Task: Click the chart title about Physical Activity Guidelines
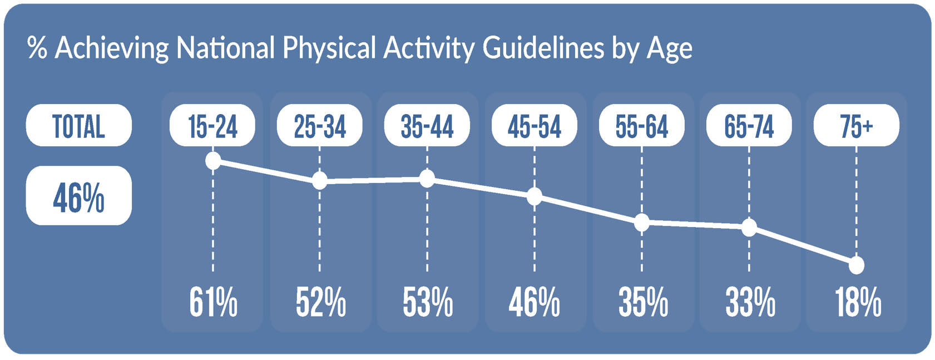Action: click(x=360, y=48)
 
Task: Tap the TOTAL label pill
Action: click(x=79, y=125)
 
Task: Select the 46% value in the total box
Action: click(x=78, y=198)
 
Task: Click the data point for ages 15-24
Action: click(x=213, y=161)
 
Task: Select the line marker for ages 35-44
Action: click(x=427, y=179)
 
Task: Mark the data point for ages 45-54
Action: click(x=535, y=196)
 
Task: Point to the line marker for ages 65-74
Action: click(x=749, y=228)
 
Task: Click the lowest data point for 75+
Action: click(x=857, y=265)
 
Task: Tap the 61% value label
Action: click(x=213, y=302)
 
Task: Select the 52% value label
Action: click(x=320, y=302)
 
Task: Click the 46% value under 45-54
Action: click(x=535, y=302)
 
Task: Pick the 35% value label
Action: click(x=643, y=302)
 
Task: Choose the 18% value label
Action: click(x=858, y=302)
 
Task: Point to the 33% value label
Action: click(x=750, y=302)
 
